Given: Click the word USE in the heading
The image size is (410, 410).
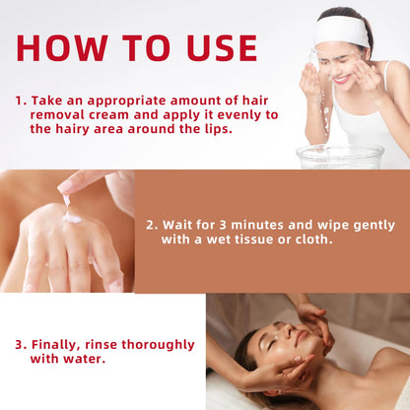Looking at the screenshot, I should (x=218, y=48).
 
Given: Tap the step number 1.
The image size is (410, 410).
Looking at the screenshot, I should (x=20, y=101).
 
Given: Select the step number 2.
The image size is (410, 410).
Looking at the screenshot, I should (x=150, y=223).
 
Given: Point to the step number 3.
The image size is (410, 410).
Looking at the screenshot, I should (x=20, y=345).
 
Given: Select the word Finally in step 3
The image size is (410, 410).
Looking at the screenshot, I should (x=58, y=345).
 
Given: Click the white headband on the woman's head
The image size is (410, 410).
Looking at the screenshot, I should (x=339, y=29).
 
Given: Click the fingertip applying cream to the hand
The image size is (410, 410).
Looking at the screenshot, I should (x=65, y=187).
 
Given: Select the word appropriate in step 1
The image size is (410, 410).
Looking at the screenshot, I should (x=117, y=101).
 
